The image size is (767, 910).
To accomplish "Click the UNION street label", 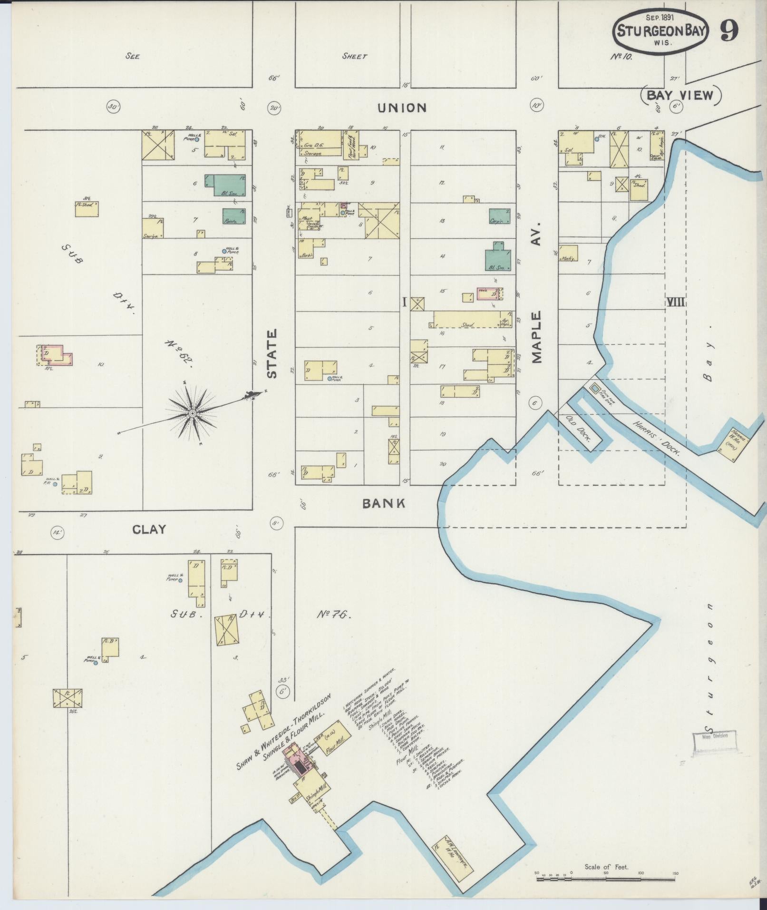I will [402, 108].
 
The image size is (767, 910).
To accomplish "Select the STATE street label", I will [272, 354].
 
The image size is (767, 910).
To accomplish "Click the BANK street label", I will [384, 503].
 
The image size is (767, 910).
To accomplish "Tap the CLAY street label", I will [149, 529].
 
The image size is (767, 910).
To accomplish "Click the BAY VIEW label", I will [681, 96].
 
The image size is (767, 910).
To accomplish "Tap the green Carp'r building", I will [500, 216].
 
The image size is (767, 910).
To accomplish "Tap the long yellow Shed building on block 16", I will [468, 319].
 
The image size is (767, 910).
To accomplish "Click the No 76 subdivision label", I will [333, 615].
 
